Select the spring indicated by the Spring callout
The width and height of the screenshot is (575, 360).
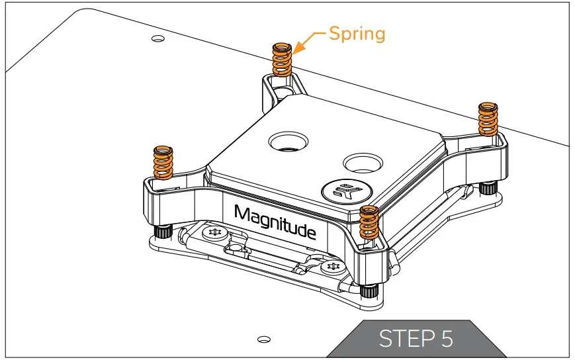[283, 60]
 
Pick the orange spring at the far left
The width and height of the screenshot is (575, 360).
[163, 161]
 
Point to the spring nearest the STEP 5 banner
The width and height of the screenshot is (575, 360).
[369, 223]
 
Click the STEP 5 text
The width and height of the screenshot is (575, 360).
[416, 339]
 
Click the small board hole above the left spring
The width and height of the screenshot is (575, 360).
[157, 38]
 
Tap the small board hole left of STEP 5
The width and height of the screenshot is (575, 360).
[263, 339]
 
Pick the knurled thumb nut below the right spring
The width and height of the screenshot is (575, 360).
[488, 189]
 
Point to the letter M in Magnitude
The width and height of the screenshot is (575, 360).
[243, 214]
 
